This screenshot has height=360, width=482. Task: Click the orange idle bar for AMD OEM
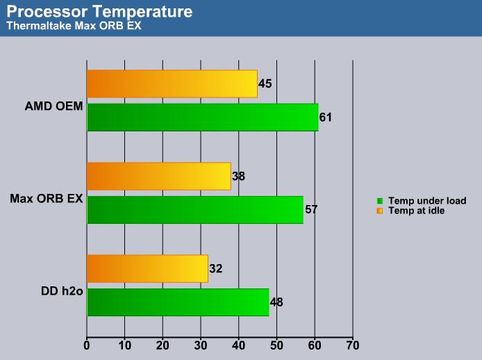(172, 84)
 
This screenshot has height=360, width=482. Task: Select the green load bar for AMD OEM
(203, 117)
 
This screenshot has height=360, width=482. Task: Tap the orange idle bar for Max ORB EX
(159, 177)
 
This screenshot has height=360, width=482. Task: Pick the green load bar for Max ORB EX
(195, 210)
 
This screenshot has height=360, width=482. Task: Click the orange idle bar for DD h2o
(147, 269)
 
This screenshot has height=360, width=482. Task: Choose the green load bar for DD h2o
(178, 302)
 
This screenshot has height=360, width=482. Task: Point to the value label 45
(265, 83)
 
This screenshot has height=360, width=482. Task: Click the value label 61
(326, 117)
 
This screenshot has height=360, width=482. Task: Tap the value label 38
(238, 177)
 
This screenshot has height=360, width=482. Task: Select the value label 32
(216, 269)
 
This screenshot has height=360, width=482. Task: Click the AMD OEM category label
(53, 106)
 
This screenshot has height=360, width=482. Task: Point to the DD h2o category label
(62, 291)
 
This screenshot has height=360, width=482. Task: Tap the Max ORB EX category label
(47, 199)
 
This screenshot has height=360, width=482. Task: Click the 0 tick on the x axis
(87, 345)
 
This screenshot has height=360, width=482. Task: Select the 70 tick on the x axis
(353, 345)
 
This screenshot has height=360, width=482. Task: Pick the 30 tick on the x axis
(201, 345)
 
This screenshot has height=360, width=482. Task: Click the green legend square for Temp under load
(380, 201)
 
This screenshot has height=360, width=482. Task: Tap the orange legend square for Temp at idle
(380, 211)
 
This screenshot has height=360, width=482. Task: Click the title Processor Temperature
(99, 12)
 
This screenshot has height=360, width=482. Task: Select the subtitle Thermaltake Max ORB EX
(74, 26)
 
